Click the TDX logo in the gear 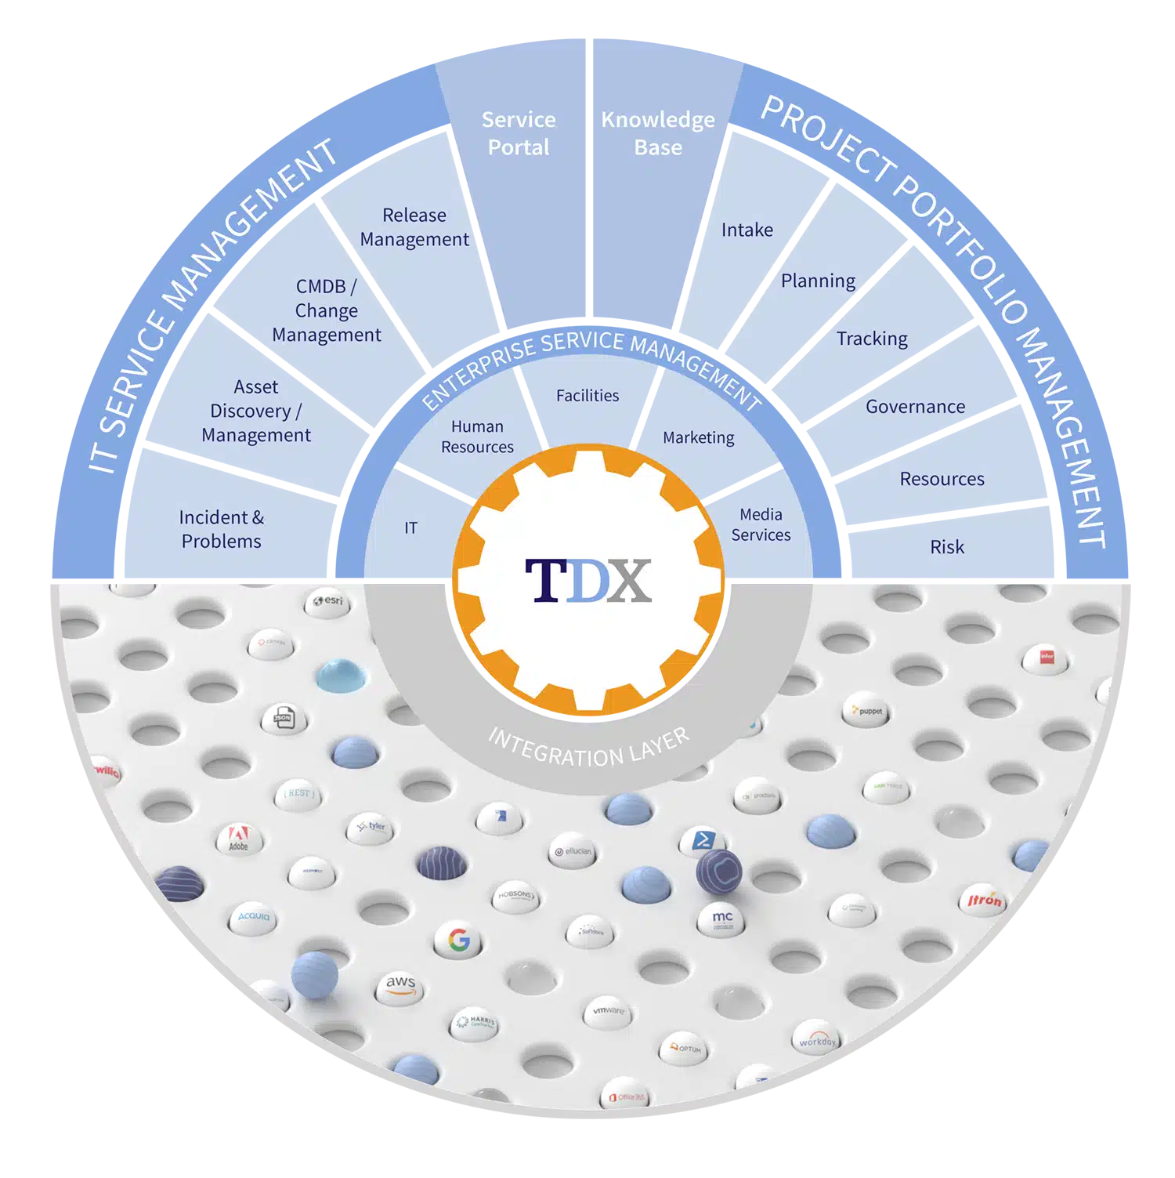[x=588, y=581]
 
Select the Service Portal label [x=519, y=133]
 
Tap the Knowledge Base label [x=658, y=133]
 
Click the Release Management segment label [x=414, y=227]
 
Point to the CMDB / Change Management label [x=327, y=310]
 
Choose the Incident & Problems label [x=222, y=529]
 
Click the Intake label [x=747, y=230]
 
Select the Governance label [x=915, y=407]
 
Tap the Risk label [x=947, y=547]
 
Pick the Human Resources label [x=477, y=437]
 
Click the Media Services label [x=761, y=524]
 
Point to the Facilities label [x=587, y=396]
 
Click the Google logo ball [x=459, y=940]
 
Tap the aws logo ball [x=400, y=985]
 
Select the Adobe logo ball [x=239, y=839]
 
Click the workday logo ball [x=817, y=1039]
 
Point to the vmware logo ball [x=608, y=1012]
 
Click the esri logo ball [x=328, y=602]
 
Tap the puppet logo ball [x=867, y=711]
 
